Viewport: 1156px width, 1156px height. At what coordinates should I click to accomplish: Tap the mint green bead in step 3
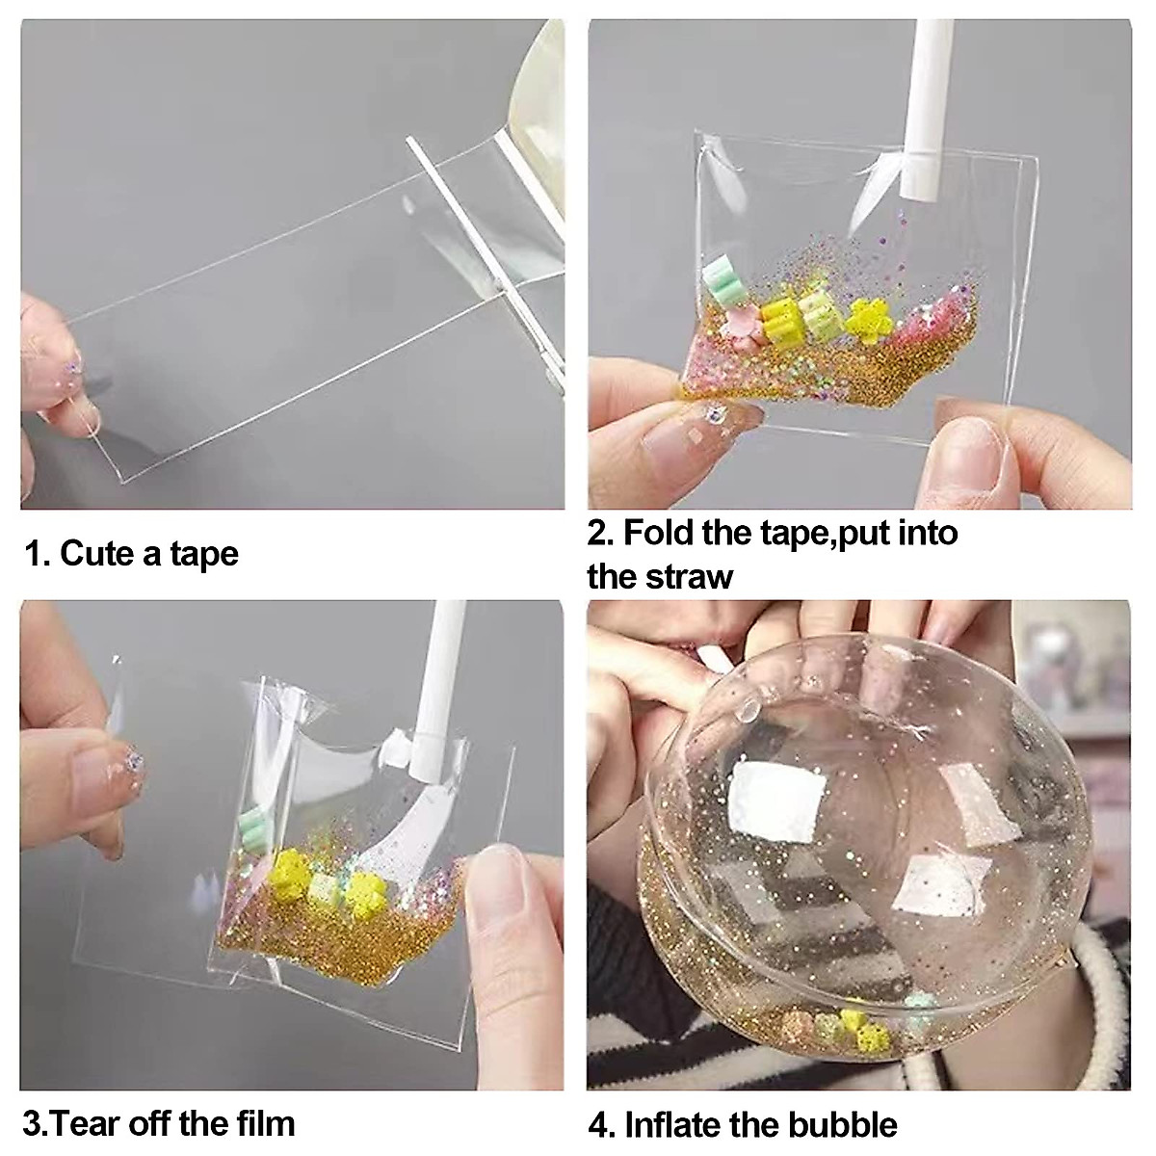pos(254,823)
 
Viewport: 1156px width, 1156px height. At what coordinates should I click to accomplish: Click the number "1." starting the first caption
pos(37,554)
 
